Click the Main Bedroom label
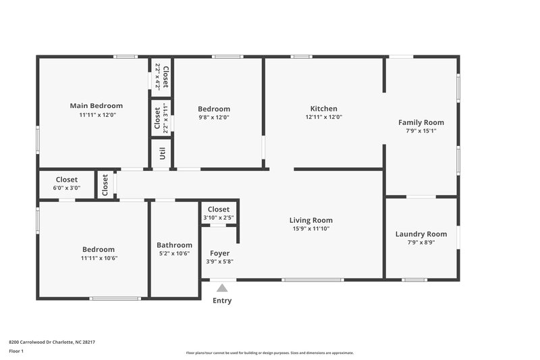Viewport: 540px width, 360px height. point(97,105)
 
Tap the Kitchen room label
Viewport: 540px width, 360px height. point(323,109)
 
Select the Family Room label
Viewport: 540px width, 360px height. point(421,122)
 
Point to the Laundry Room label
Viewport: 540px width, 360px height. point(421,234)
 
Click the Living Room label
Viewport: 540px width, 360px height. point(310,220)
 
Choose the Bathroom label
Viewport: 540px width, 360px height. point(174,245)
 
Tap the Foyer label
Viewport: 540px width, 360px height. point(219,253)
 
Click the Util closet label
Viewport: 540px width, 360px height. point(162,153)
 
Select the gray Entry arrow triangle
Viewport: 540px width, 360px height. point(222,288)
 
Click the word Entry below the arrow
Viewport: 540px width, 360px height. point(222,301)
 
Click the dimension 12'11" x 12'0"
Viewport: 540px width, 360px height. point(323,117)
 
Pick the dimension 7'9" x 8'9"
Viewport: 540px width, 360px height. point(421,242)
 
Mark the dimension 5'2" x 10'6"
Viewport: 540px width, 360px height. point(174,253)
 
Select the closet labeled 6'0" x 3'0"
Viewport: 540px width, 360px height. point(66,184)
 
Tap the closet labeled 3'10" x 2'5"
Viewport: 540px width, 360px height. point(219,213)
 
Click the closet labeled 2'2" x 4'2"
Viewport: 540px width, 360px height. point(161,76)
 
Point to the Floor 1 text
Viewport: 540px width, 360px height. point(16,351)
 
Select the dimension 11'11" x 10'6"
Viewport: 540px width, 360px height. point(99,257)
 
